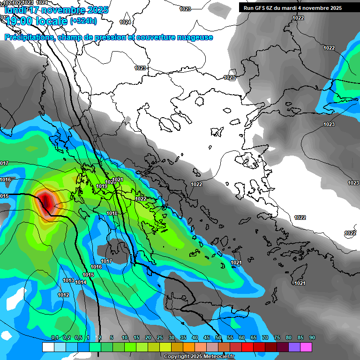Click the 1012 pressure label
[x=63, y=295]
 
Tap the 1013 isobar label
[x=68, y=280]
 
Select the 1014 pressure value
[x=81, y=282]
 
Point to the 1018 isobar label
[x=112, y=213]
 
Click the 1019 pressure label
[x=102, y=186]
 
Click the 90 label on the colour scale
[x=312, y=337]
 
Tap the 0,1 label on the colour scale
[x=54, y=337]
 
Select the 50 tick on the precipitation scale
[x=218, y=337]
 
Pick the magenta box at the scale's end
[x=306, y=347]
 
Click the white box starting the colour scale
[x=48, y=347]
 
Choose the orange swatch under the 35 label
[x=189, y=347]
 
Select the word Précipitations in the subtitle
[x=28, y=37]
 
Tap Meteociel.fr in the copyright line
[x=219, y=357]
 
